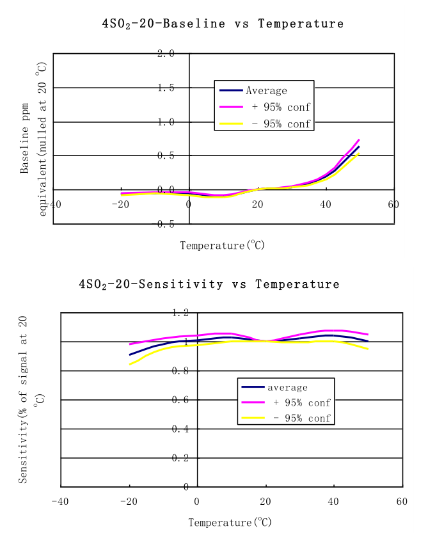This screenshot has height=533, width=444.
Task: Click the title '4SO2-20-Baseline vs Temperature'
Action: [x=223, y=24]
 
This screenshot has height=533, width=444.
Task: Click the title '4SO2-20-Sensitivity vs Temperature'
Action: [x=209, y=284]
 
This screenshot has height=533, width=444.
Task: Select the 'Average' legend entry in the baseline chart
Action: [x=266, y=91]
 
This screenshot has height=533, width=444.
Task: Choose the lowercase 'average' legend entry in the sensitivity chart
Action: [x=287, y=388]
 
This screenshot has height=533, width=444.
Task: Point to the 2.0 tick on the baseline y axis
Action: [x=166, y=53]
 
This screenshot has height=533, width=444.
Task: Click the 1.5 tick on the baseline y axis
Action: [x=166, y=88]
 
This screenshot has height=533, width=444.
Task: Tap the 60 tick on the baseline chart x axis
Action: [x=393, y=204]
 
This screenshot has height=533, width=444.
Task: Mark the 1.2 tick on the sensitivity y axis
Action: [x=180, y=312]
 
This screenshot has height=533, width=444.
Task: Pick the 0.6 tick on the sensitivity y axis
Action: [x=180, y=400]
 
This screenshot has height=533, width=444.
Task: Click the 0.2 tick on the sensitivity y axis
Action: [x=180, y=458]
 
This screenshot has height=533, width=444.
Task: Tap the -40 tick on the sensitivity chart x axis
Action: [x=59, y=501]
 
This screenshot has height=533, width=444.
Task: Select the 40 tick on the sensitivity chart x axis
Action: [x=333, y=501]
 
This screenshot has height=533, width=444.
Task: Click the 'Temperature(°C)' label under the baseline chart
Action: [x=222, y=245]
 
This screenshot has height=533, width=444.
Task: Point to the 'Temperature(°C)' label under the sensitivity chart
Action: [x=230, y=522]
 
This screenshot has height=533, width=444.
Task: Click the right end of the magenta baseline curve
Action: [x=359, y=139]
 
